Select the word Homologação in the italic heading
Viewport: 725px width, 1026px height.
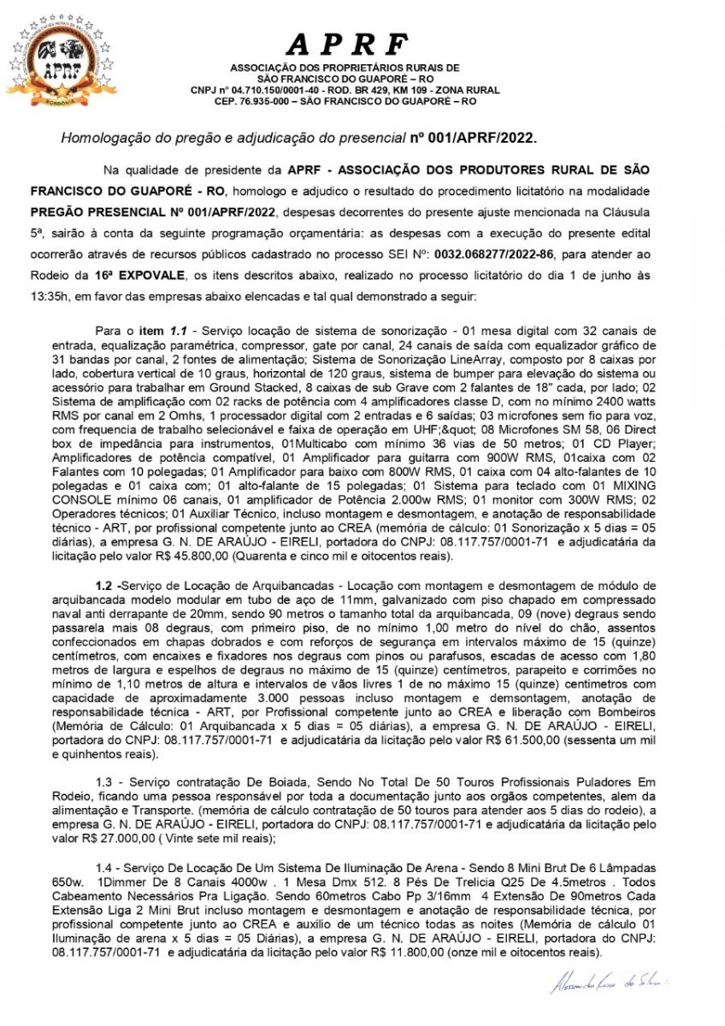pyautogui.click(x=101, y=137)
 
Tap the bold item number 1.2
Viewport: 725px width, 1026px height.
pyautogui.click(x=105, y=586)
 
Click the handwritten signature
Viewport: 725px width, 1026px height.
pyautogui.click(x=610, y=983)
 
